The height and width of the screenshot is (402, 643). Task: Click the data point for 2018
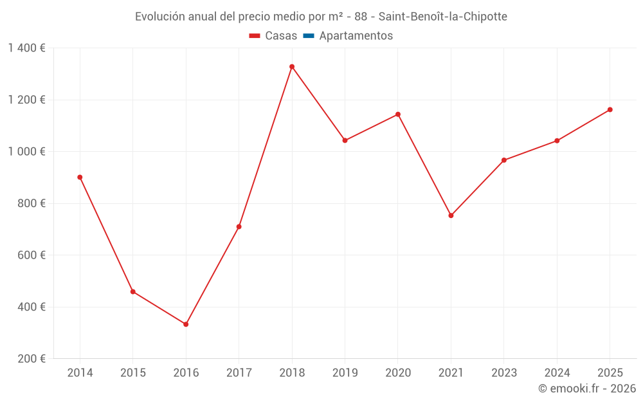292,67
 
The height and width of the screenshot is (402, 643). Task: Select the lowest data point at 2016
186,324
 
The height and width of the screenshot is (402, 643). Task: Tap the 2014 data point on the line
80,178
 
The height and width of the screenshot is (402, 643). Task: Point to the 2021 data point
451,215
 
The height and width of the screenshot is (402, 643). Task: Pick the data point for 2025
610,109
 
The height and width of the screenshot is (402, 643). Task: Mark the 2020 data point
398,114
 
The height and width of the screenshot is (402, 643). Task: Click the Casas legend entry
273,36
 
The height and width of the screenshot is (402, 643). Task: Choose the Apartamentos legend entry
348,36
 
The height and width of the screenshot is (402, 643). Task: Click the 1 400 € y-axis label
26,48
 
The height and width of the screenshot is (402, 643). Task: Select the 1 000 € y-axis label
26,152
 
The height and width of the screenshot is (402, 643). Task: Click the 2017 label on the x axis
239,373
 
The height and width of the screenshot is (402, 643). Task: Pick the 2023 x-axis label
504,373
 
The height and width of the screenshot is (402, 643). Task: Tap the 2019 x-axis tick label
345,373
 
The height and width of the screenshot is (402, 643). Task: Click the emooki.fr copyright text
587,388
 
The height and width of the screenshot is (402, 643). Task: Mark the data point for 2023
504,160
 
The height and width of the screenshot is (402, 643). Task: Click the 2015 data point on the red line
133,292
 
